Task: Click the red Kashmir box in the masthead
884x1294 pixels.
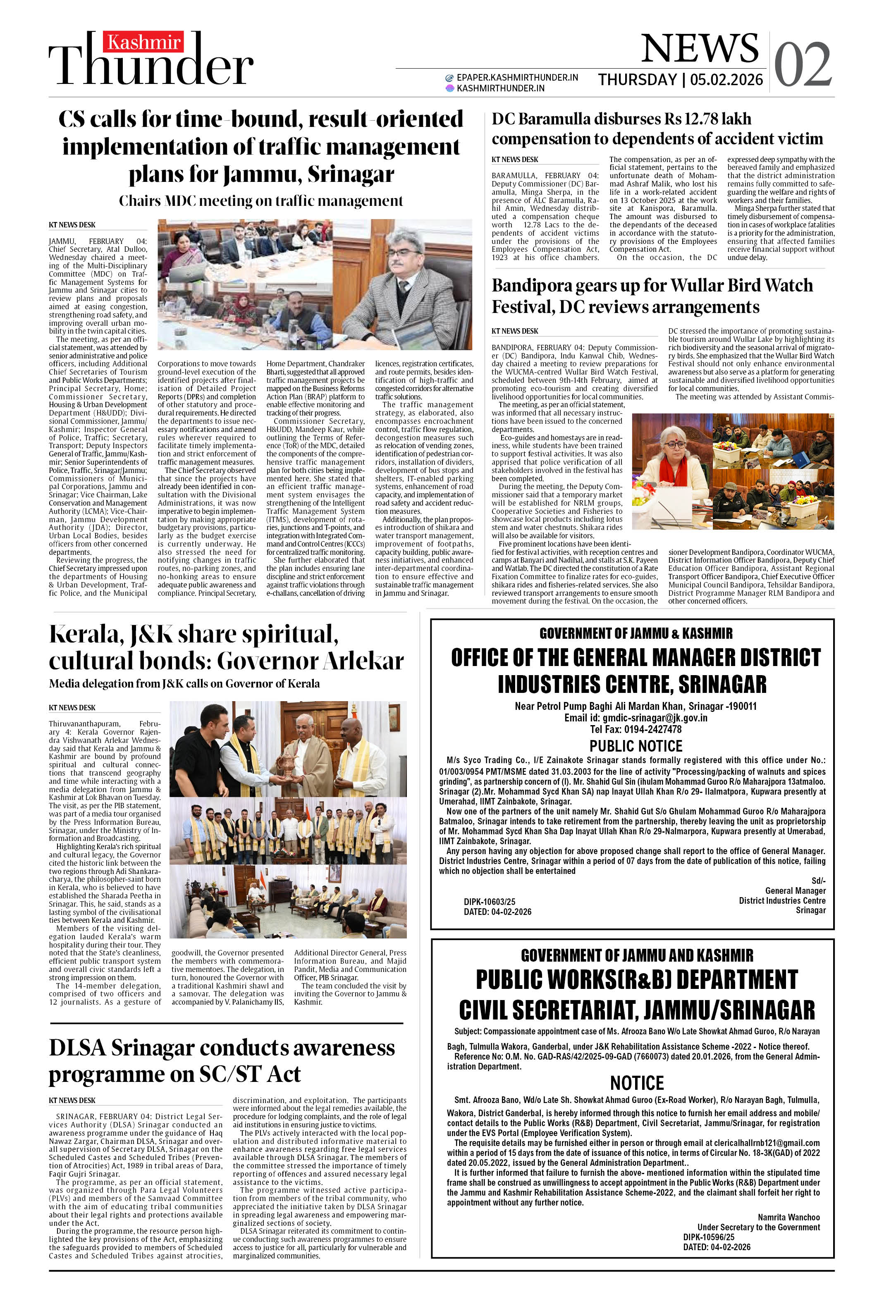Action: (143, 42)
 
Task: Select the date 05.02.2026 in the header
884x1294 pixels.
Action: (726, 80)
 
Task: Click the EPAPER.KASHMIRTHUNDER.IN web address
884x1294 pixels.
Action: (517, 77)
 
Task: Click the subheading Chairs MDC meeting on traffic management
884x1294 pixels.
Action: (260, 201)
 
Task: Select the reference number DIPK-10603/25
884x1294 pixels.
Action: (489, 901)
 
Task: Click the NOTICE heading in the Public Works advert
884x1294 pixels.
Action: (637, 1083)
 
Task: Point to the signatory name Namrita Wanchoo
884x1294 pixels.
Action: (788, 1217)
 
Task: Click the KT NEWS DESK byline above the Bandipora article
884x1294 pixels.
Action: (515, 331)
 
